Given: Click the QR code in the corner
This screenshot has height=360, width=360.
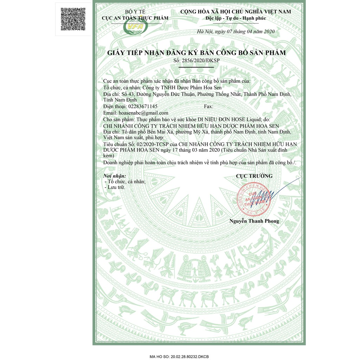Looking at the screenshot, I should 73,19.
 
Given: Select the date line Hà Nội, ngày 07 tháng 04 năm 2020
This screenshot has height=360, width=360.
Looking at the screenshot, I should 236,32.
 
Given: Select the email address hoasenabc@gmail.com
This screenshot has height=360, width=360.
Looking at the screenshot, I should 143,113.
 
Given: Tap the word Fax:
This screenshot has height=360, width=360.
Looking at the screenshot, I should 208,106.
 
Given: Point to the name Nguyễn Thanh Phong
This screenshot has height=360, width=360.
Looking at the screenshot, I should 254,221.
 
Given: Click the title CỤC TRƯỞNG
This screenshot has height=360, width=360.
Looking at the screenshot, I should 254,176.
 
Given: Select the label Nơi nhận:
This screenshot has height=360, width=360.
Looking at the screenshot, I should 115,176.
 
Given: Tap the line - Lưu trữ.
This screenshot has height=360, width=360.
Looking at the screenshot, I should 115,187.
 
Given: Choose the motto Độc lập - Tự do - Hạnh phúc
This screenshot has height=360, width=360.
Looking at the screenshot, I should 236,18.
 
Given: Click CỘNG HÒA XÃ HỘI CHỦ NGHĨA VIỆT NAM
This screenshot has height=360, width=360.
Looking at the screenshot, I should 236,12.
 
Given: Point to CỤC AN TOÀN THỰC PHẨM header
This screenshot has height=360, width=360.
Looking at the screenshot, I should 135,18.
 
